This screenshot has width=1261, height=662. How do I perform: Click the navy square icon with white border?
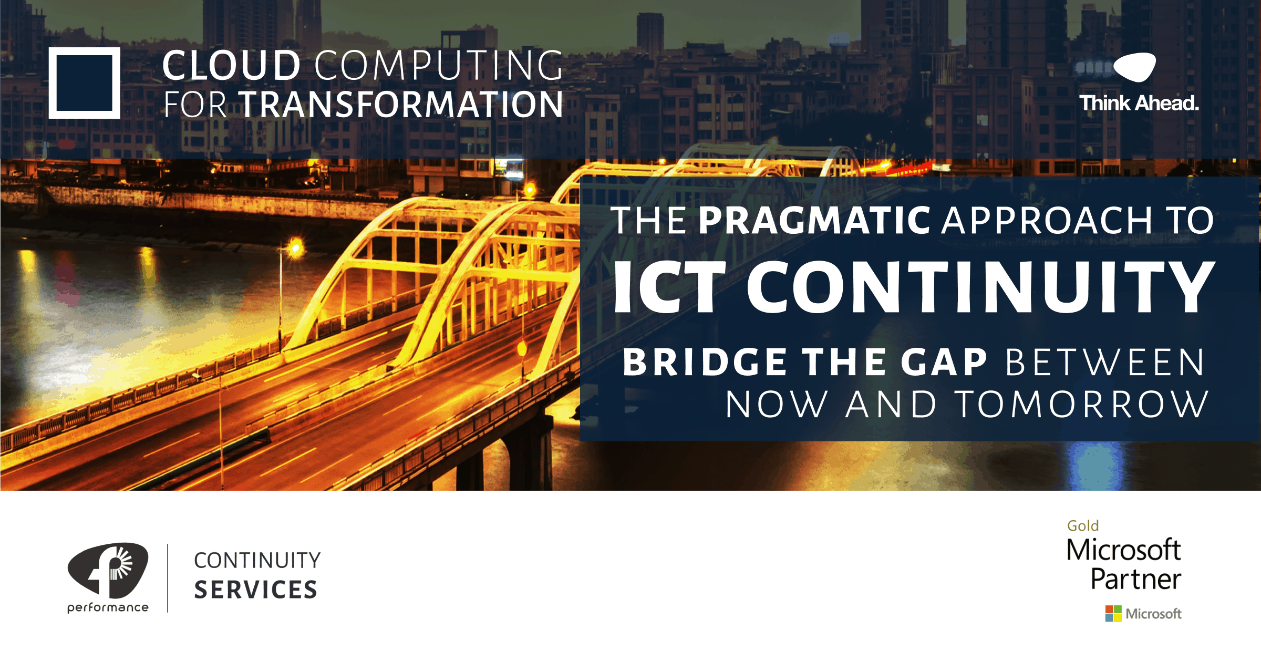click(85, 83)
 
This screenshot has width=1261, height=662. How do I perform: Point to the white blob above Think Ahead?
click(1135, 67)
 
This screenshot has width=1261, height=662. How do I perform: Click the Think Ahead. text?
click(1139, 103)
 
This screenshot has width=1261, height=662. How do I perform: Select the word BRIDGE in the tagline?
click(705, 362)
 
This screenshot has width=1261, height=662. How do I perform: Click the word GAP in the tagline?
click(944, 362)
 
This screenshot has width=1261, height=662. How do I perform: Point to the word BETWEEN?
click(1105, 362)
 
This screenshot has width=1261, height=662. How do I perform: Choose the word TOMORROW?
click(1082, 405)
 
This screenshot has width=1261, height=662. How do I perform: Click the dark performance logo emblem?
click(108, 570)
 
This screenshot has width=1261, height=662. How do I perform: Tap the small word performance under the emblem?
click(108, 607)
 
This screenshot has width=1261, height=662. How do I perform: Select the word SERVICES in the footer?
click(256, 589)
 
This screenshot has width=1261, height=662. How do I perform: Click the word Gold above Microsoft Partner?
click(1082, 525)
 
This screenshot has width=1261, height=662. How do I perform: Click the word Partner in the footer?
click(1135, 579)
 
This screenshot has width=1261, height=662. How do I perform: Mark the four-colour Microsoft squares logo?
click(1113, 613)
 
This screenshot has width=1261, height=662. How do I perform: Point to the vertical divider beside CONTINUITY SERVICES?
click(168, 578)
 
